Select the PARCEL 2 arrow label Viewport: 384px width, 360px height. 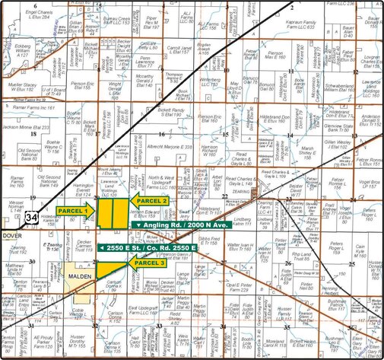tap(149, 199)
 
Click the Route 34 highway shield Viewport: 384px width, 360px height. tap(29, 219)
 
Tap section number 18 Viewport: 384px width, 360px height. tap(33, 134)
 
